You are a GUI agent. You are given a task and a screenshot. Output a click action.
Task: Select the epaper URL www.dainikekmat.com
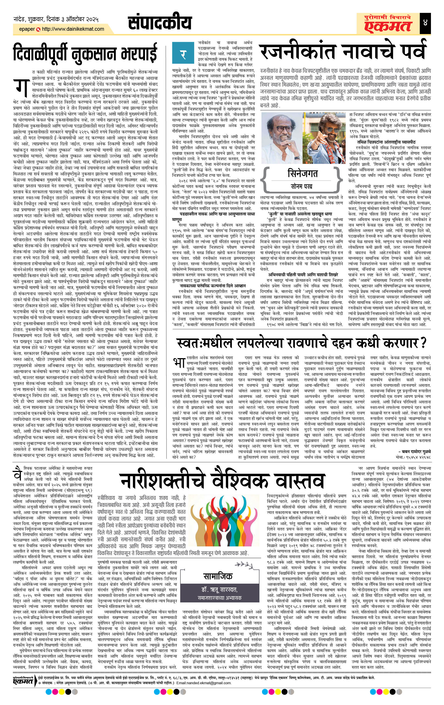coord(73,29)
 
